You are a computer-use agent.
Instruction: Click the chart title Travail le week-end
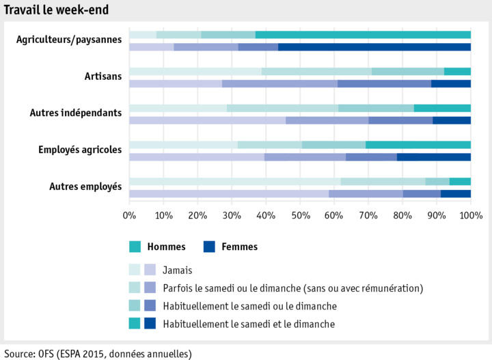[x=56, y=10]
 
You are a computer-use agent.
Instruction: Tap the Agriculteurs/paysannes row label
[x=69, y=40]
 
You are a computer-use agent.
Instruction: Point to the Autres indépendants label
[x=76, y=113]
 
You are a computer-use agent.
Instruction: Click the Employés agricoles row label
[x=80, y=150]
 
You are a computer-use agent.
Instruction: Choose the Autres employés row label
[x=85, y=186]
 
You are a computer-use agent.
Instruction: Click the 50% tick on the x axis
[x=300, y=216]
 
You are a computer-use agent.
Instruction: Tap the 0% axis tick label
[x=129, y=216]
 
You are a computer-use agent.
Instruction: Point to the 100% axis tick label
[x=470, y=216]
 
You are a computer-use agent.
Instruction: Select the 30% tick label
[x=232, y=216]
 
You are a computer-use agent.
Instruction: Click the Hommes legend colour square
[x=135, y=247]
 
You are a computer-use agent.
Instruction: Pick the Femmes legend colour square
[x=209, y=247]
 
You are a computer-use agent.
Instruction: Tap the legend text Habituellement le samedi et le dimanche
[x=249, y=324]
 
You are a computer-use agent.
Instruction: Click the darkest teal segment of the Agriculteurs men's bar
[x=363, y=35]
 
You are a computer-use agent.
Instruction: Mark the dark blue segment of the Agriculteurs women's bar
[x=374, y=47]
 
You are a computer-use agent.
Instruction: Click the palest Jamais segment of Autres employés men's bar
[x=234, y=181]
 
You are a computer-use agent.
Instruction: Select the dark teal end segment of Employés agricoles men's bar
[x=418, y=145]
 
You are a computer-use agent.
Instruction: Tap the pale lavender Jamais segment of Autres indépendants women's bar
[x=207, y=120]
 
